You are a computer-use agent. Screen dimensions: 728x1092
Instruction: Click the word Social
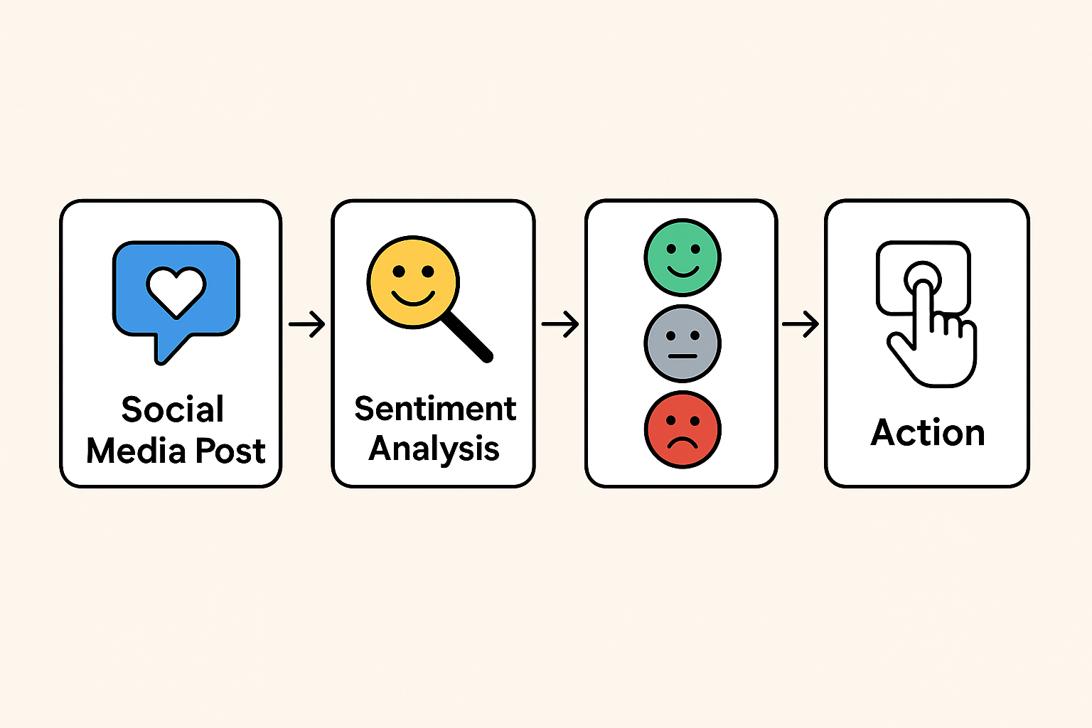coord(173,409)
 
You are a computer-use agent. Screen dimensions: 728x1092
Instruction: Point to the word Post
coord(230,451)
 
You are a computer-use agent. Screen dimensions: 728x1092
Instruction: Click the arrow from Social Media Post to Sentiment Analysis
coord(306,324)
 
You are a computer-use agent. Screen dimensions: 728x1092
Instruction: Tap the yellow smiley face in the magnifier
coord(412,282)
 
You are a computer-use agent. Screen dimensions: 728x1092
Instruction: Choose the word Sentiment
coord(435,409)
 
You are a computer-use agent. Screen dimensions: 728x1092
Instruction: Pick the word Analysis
coord(434,449)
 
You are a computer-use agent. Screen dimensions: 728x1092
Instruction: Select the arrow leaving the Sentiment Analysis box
coord(560,324)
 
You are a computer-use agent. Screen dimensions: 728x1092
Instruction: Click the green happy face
coord(682,257)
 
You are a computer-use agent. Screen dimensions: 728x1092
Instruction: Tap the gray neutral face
coord(682,343)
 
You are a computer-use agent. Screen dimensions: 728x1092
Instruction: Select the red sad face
coord(682,429)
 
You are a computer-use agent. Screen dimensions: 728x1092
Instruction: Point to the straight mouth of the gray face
coord(682,355)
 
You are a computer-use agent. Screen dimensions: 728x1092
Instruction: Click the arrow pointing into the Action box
coord(801,324)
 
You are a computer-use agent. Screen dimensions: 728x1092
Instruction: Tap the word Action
coord(928,432)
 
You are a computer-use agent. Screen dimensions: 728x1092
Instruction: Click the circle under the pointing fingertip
coord(922,277)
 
